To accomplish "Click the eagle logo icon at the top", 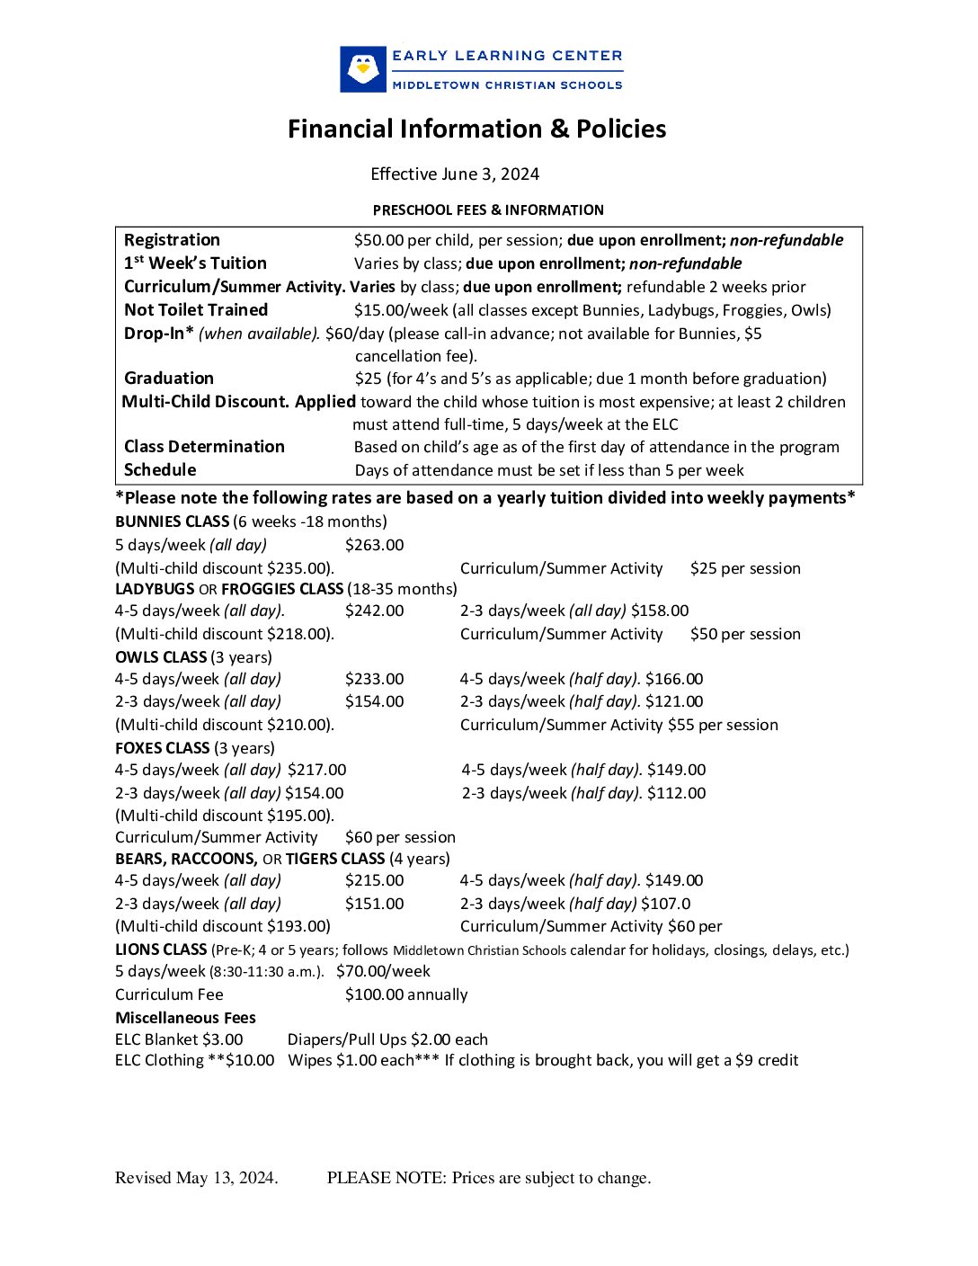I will click(x=363, y=69).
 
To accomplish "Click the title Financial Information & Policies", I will click(x=476, y=129).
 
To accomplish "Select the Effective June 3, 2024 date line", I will click(x=455, y=174).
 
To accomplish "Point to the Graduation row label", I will click(x=169, y=379).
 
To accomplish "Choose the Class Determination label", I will click(x=204, y=447).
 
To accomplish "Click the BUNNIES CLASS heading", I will click(x=173, y=522).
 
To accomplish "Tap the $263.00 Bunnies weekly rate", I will click(x=374, y=545).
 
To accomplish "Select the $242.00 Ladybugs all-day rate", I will click(x=374, y=611).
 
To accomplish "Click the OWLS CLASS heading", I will click(x=161, y=657).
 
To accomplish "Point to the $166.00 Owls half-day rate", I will click(x=674, y=679).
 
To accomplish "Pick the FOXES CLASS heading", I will click(x=163, y=748).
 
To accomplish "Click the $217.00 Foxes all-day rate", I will click(x=316, y=770).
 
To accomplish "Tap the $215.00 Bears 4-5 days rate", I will click(x=374, y=880).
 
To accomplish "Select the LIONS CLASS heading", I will click(x=161, y=949).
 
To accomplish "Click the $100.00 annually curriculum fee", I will click(x=406, y=994).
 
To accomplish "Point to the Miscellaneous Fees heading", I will click(x=185, y=1018).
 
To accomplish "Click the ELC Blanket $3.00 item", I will click(x=179, y=1039).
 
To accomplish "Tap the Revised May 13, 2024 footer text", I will click(x=196, y=1178).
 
